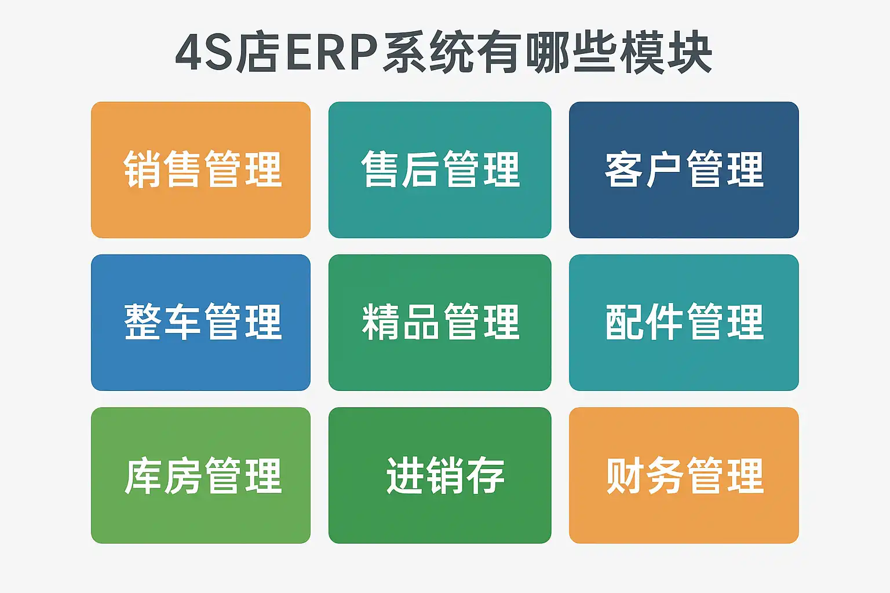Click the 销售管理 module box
pyautogui.click(x=200, y=170)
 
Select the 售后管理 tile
pyautogui.click(x=440, y=170)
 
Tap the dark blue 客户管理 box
pyautogui.click(x=684, y=170)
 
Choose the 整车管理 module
pyautogui.click(x=200, y=323)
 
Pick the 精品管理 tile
pyautogui.click(x=440, y=323)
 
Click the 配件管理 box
pyautogui.click(x=684, y=323)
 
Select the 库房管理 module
pyautogui.click(x=200, y=475)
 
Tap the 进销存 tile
pyautogui.click(x=440, y=475)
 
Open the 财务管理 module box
pyautogui.click(x=684, y=475)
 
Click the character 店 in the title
pyautogui.click(x=257, y=53)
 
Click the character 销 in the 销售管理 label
pyautogui.click(x=142, y=169)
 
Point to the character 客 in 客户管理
pyautogui.click(x=623, y=169)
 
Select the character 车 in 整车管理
pyautogui.click(x=182, y=321)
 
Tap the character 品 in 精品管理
pyautogui.click(x=421, y=321)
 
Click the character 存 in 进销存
pyautogui.click(x=486, y=475)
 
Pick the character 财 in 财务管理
pyautogui.click(x=625, y=475)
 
